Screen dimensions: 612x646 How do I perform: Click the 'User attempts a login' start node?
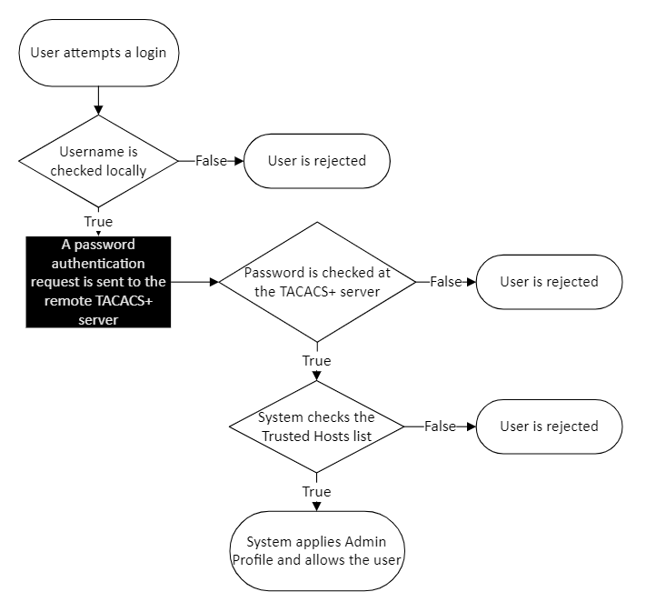[x=98, y=53]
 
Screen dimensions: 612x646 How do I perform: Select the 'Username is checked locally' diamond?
[x=98, y=161]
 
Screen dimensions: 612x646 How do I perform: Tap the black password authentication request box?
[x=98, y=282]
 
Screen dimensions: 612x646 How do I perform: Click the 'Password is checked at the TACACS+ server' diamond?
[x=316, y=282]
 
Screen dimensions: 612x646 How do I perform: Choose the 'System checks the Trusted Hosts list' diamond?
[x=316, y=426]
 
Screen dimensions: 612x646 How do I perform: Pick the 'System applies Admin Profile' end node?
[x=316, y=552]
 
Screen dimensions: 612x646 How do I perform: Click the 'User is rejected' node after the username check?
[x=316, y=161]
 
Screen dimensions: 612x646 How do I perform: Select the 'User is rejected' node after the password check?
[x=549, y=282]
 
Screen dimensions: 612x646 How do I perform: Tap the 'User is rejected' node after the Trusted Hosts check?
[x=549, y=426]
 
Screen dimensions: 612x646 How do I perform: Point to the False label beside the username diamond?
[x=211, y=161]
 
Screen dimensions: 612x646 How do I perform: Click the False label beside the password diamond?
[x=445, y=282]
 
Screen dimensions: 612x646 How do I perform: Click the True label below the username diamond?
[x=98, y=222]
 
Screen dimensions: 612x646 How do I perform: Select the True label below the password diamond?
[x=316, y=361]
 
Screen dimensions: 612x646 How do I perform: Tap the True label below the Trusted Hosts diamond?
[x=316, y=492]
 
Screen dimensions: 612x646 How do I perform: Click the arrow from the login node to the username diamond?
[x=98, y=100]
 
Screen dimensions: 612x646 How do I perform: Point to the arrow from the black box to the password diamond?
[x=194, y=282]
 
